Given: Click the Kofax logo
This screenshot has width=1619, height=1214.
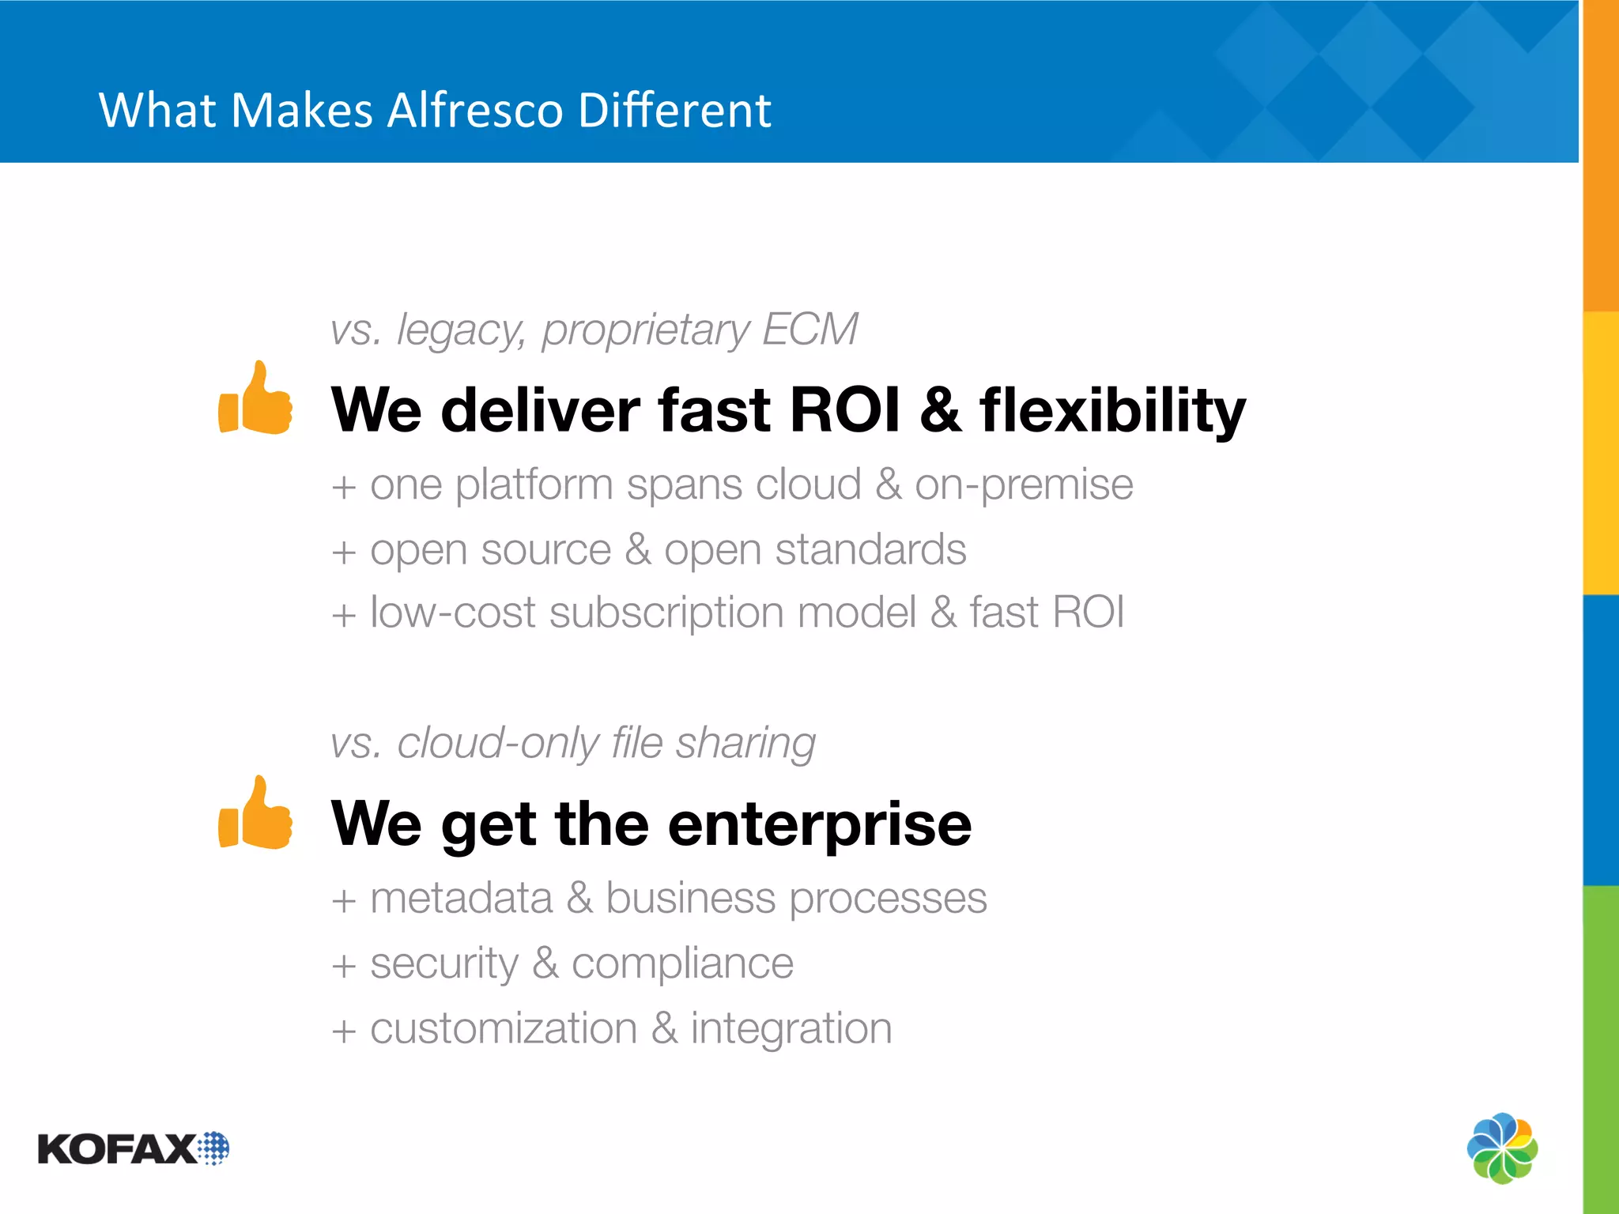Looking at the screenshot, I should point(133,1148).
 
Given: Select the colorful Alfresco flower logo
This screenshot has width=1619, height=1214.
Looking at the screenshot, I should point(1502,1148).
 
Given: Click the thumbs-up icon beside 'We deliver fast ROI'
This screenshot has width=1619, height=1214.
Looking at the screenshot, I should point(256,399).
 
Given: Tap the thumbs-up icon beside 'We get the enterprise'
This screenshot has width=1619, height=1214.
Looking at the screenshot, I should point(256,814).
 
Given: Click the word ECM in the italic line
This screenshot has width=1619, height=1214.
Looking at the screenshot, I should point(809,329).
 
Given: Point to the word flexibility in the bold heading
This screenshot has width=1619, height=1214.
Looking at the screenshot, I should point(1112,411).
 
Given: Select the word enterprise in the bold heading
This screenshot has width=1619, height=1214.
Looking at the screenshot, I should point(819,824).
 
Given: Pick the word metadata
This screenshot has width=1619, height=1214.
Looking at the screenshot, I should point(461,899).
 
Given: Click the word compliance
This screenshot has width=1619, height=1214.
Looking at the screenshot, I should point(682,964).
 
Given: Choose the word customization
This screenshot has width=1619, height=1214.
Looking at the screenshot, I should point(504,1028).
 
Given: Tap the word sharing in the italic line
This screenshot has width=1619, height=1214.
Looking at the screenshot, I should point(745,744).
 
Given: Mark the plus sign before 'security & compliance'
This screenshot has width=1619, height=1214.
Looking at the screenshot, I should point(343,966).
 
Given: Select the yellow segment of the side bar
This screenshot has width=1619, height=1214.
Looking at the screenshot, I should point(1601,452).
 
